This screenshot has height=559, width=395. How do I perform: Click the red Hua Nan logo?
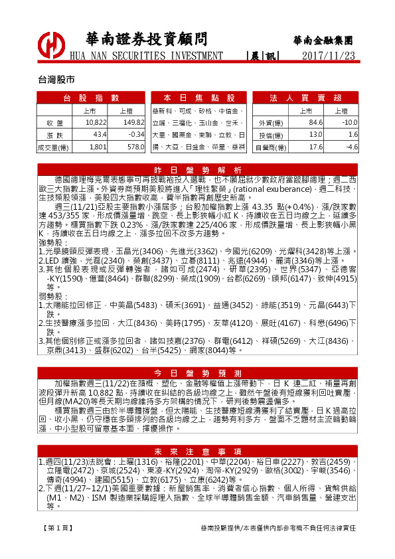tap(51, 46)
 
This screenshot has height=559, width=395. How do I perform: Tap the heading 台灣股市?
tap(56, 78)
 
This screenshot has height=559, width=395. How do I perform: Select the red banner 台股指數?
tap(90, 98)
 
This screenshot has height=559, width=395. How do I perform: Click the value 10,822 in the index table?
tap(96, 123)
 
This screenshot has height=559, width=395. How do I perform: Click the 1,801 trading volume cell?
tap(98, 146)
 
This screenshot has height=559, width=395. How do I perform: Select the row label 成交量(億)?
tap(53, 146)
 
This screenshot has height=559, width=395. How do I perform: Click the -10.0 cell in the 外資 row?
tap(349, 123)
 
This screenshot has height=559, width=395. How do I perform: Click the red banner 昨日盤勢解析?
tap(198, 169)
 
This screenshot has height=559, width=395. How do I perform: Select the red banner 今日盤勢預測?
tap(198, 372)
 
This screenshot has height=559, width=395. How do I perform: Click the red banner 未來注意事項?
tap(198, 451)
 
